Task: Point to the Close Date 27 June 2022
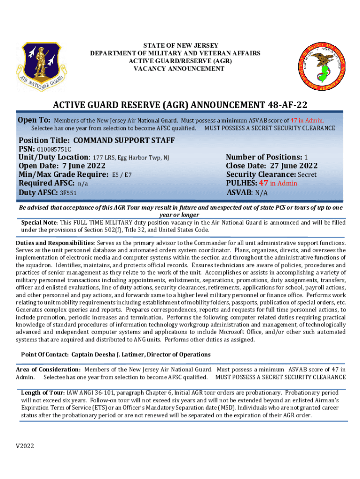293,166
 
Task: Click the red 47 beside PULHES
264,183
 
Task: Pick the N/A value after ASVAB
262,193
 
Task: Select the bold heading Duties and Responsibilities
55,243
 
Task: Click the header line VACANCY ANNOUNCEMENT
180,69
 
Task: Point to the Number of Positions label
263,157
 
